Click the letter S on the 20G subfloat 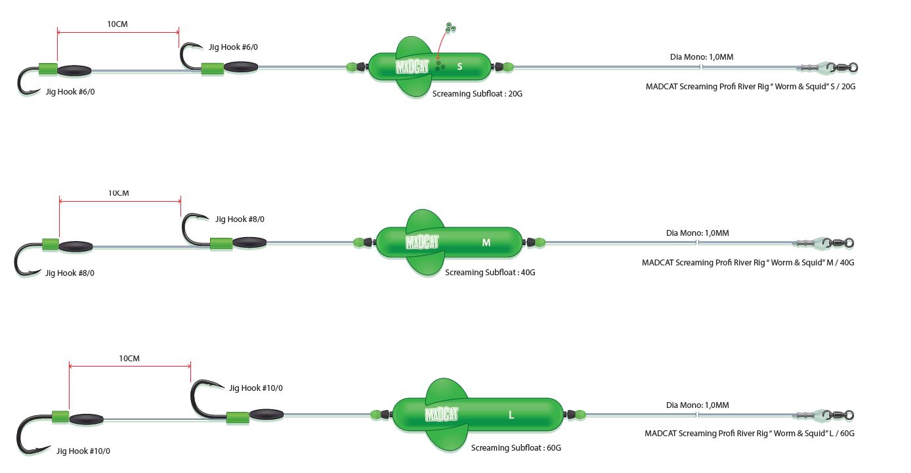(459, 66)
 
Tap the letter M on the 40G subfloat (486, 242)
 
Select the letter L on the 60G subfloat (511, 415)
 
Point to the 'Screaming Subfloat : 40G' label (490, 272)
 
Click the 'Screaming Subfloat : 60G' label (516, 448)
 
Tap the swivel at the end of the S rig (843, 67)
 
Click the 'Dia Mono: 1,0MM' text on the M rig (697, 233)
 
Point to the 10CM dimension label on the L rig (129, 359)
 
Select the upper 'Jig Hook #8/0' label (240, 219)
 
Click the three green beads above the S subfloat (450, 28)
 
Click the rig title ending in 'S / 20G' (750, 87)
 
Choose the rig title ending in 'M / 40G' (748, 263)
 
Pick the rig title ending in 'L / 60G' (749, 434)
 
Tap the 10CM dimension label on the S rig (117, 24)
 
